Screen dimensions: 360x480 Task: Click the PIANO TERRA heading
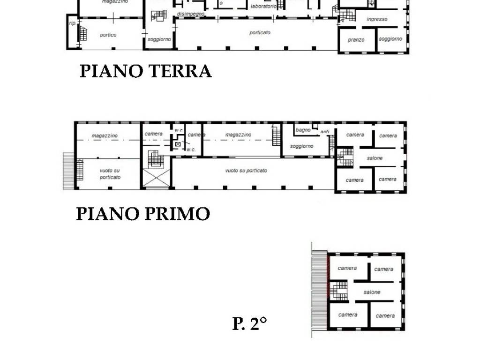point(145,71)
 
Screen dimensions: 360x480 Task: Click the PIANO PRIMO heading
point(143,214)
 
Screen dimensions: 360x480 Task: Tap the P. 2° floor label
point(249,323)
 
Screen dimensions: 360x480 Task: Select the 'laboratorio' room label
point(263,6)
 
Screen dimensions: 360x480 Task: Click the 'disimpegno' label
point(191,14)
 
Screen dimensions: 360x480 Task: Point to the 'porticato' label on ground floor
point(260,33)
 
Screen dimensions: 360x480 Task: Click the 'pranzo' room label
point(356,40)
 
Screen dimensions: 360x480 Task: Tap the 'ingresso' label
point(377,19)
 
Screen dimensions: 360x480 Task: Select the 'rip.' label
point(72,23)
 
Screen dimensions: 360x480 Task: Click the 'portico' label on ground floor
point(108,35)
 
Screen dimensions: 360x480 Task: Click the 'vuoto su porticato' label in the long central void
point(246,171)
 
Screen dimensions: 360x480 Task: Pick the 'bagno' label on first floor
point(303,130)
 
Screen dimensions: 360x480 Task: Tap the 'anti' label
point(325,132)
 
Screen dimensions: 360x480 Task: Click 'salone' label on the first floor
point(375,158)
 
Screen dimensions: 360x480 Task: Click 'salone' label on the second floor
point(372,292)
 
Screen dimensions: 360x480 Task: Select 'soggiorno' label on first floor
point(301,146)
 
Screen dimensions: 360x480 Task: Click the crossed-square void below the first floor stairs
point(156,178)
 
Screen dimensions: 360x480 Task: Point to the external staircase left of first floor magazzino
point(68,171)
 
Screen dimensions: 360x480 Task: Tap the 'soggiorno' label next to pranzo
point(390,39)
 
